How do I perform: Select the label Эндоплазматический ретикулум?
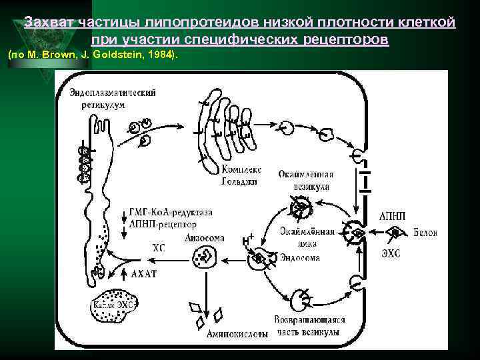pyautogui.click(x=112, y=99)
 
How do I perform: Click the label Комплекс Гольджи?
pyautogui.click(x=242, y=175)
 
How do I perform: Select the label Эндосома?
pyautogui.click(x=300, y=258)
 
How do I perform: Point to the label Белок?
pyautogui.click(x=425, y=233)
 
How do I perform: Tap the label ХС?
pyautogui.click(x=159, y=248)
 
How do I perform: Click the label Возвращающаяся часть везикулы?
pyautogui.click(x=307, y=325)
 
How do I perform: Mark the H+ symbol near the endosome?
pyautogui.click(x=249, y=239)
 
